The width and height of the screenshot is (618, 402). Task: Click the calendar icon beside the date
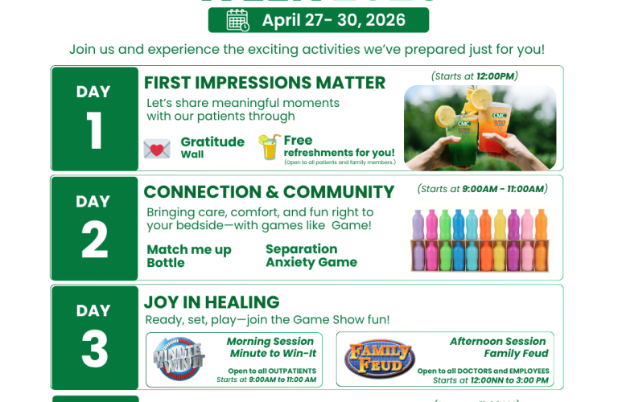(237, 20)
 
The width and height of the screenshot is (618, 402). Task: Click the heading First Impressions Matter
(264, 83)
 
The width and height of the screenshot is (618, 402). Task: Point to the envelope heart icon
(157, 150)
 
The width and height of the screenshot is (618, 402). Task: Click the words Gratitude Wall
(212, 147)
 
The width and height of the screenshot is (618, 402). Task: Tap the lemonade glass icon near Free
(269, 147)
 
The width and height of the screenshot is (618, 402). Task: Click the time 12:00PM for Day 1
(496, 76)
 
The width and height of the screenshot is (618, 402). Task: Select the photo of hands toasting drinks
(480, 127)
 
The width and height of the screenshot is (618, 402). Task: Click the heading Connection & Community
(269, 192)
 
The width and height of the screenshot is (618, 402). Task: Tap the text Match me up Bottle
(189, 256)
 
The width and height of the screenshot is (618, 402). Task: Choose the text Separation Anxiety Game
(311, 256)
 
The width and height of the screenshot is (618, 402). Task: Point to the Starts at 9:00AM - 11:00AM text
(481, 189)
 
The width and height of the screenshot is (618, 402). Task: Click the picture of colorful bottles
(480, 240)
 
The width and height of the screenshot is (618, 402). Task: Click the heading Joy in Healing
(212, 302)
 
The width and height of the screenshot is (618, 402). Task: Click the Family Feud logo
(380, 359)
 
